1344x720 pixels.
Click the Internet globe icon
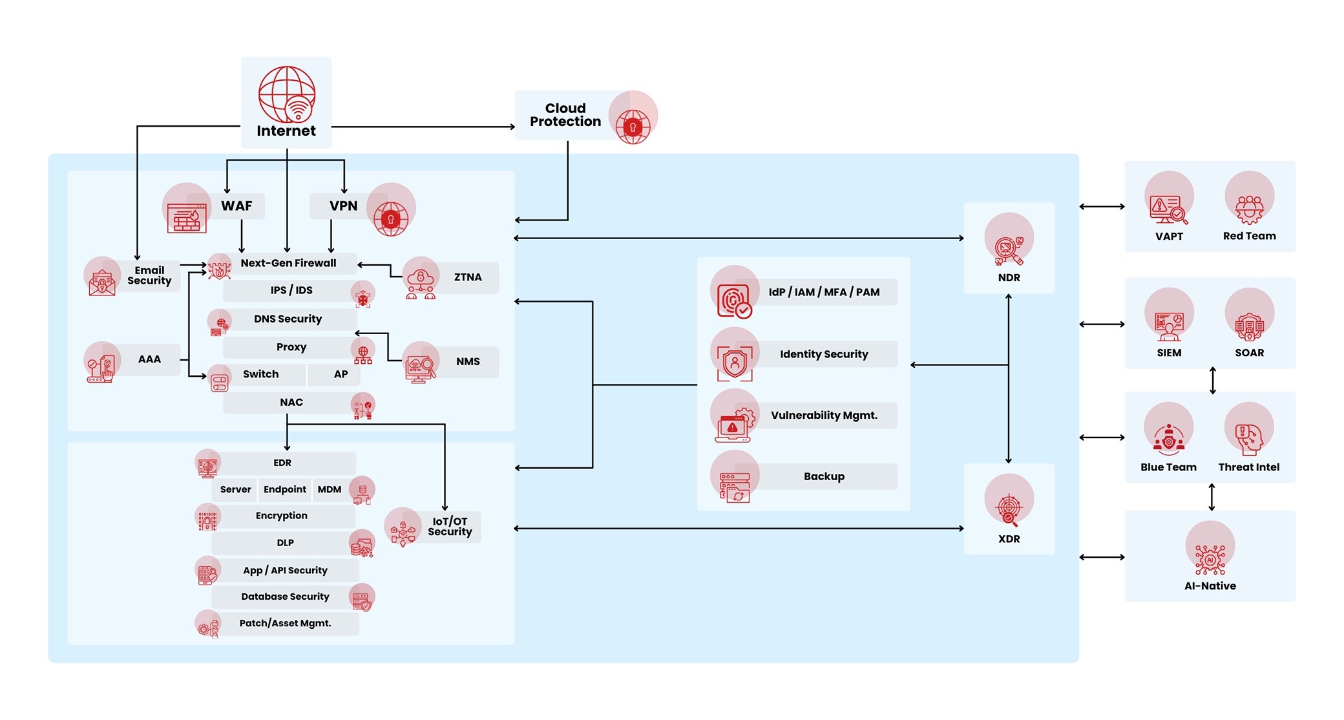(287, 94)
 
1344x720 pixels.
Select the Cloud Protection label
(565, 115)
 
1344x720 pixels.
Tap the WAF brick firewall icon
(187, 217)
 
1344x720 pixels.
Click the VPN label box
(343, 206)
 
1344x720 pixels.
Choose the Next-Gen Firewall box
(288, 263)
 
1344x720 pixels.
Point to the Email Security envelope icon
(102, 282)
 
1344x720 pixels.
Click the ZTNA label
(468, 277)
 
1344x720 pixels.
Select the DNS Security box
(288, 319)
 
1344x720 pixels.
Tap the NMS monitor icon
(420, 368)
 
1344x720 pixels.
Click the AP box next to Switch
(341, 374)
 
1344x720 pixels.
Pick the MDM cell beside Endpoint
(330, 489)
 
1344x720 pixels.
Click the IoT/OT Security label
(450, 527)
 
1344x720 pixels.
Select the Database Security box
(285, 597)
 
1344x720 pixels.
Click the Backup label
(824, 476)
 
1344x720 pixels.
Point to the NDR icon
(1009, 249)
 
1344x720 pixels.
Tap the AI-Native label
(1210, 586)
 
